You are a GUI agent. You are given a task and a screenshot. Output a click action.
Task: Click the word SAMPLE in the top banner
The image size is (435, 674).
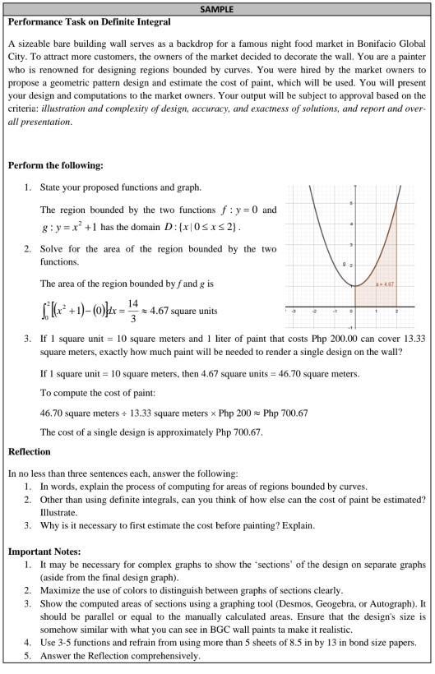217,9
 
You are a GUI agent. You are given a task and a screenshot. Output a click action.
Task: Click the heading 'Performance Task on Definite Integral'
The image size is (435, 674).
90,21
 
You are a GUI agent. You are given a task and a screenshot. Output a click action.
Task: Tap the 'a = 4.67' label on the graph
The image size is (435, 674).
386,284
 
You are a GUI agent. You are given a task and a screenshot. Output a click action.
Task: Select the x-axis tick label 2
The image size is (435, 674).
396,312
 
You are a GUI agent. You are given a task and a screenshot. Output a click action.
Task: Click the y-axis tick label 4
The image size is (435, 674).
351,224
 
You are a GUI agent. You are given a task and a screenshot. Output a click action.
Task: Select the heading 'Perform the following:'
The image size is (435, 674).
55,165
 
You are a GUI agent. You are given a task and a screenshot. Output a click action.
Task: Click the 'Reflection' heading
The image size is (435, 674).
29,451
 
